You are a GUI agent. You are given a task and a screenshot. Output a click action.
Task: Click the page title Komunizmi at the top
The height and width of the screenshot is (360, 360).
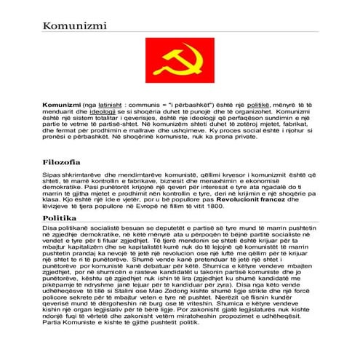(x=74, y=27)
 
